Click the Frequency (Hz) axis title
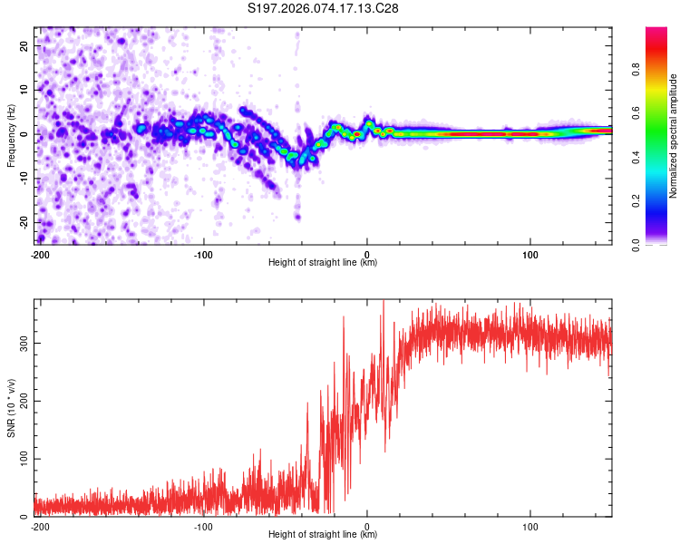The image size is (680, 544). tap(11, 137)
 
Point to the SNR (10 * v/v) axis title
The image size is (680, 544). tap(11, 408)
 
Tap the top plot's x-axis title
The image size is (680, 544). tap(323, 262)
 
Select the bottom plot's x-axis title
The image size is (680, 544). tap(323, 534)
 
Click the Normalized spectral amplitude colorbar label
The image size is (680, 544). tap(673, 137)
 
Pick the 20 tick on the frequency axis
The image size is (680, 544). tap(24, 45)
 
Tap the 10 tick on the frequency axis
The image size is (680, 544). tap(24, 90)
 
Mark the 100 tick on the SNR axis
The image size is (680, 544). tap(22, 459)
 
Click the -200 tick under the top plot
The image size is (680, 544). tap(40, 253)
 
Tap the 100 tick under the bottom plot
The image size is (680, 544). tap(530, 525)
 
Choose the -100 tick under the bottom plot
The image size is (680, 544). tap(203, 525)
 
